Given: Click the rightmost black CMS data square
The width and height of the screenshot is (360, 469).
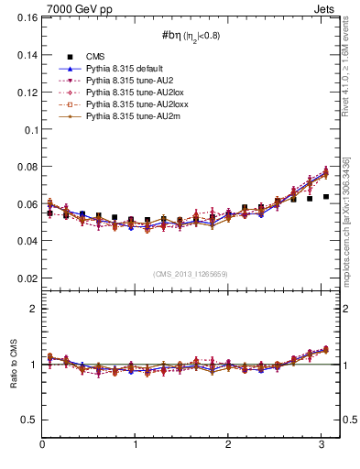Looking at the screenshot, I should (326, 197).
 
